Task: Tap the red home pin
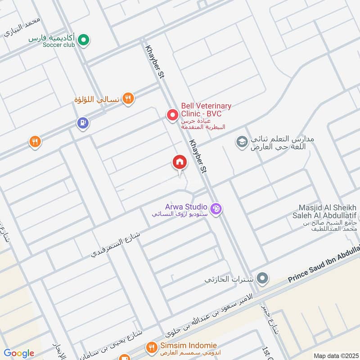tap(179, 162)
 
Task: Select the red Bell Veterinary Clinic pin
tap(172, 115)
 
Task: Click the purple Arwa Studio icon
tap(216, 209)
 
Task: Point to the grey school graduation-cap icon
tap(242, 142)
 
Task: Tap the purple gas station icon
tap(82, 122)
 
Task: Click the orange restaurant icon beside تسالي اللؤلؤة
tap(129, 99)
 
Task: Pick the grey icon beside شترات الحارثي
tap(262, 278)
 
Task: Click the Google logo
tap(19, 354)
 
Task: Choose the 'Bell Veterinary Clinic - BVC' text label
tap(206, 109)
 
